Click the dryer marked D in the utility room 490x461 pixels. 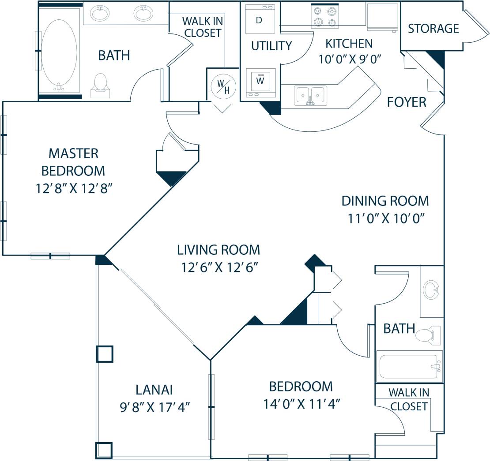pos(260,19)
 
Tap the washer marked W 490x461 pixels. pos(260,82)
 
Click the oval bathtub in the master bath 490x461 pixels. pos(59,51)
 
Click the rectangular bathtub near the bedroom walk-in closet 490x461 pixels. pos(409,366)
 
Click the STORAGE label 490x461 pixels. pos(433,29)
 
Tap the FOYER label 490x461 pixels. pos(406,102)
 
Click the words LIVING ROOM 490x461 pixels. pos(218,250)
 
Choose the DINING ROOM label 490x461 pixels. pos(385,201)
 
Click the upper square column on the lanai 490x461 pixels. pos(105,354)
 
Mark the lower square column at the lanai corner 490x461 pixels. pos(104,450)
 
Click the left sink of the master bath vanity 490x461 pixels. pos(100,13)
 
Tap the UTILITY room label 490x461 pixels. pos(271,46)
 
